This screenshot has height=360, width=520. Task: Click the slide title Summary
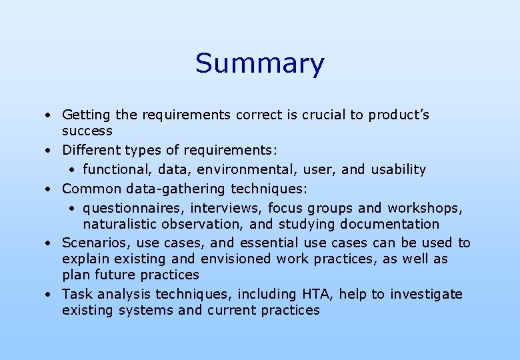(259, 64)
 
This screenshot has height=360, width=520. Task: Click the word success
(87, 131)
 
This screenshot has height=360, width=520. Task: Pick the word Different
(89, 151)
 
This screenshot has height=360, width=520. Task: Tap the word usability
(399, 169)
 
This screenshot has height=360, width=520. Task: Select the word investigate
(426, 294)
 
